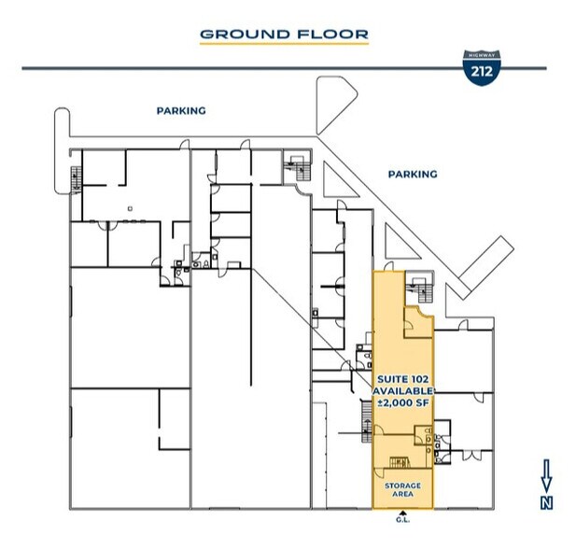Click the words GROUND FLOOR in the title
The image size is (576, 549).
[285, 35]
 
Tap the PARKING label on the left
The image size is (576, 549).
[181, 110]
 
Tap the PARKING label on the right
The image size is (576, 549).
[412, 174]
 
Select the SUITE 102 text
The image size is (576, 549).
[403, 377]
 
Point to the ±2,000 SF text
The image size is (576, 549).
[403, 401]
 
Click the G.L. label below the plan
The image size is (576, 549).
[402, 521]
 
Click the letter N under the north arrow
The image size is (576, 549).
[547, 502]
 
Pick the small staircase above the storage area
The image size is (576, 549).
[400, 463]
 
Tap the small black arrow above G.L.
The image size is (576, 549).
[402, 513]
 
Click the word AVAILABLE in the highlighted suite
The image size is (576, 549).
[403, 389]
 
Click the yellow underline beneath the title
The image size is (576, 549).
[285, 45]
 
